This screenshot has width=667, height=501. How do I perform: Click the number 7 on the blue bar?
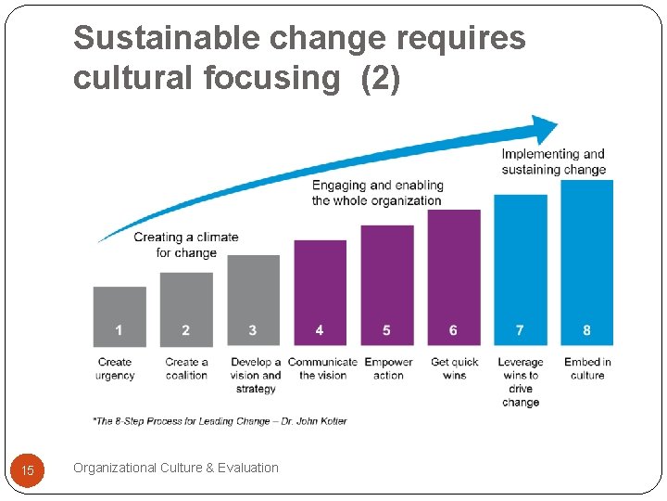pyautogui.click(x=520, y=330)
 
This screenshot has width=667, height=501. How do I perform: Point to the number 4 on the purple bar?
pyautogui.click(x=320, y=330)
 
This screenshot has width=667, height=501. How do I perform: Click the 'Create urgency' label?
pyautogui.click(x=115, y=368)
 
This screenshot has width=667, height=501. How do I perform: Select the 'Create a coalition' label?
pyautogui.click(x=186, y=368)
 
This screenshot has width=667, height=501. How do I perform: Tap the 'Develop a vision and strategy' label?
pyautogui.click(x=256, y=375)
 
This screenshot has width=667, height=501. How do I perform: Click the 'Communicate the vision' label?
pyautogui.click(x=322, y=368)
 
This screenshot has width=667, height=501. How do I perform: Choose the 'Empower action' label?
pyautogui.click(x=388, y=368)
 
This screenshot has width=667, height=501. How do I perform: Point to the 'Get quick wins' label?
pyautogui.click(x=454, y=368)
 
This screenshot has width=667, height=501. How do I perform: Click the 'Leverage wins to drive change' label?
pyautogui.click(x=521, y=382)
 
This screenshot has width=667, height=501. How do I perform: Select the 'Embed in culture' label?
pyautogui.click(x=587, y=368)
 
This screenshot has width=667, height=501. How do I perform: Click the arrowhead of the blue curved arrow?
pyautogui.click(x=545, y=129)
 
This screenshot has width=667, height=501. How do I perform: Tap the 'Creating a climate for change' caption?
pyautogui.click(x=186, y=244)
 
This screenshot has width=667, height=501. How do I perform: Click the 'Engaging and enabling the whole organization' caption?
pyautogui.click(x=377, y=193)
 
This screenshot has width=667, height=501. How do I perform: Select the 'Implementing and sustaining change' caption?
pyautogui.click(x=554, y=161)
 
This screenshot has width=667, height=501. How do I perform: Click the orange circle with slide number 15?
pyautogui.click(x=28, y=470)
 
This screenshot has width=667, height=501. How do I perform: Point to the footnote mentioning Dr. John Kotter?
pyautogui.click(x=220, y=421)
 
